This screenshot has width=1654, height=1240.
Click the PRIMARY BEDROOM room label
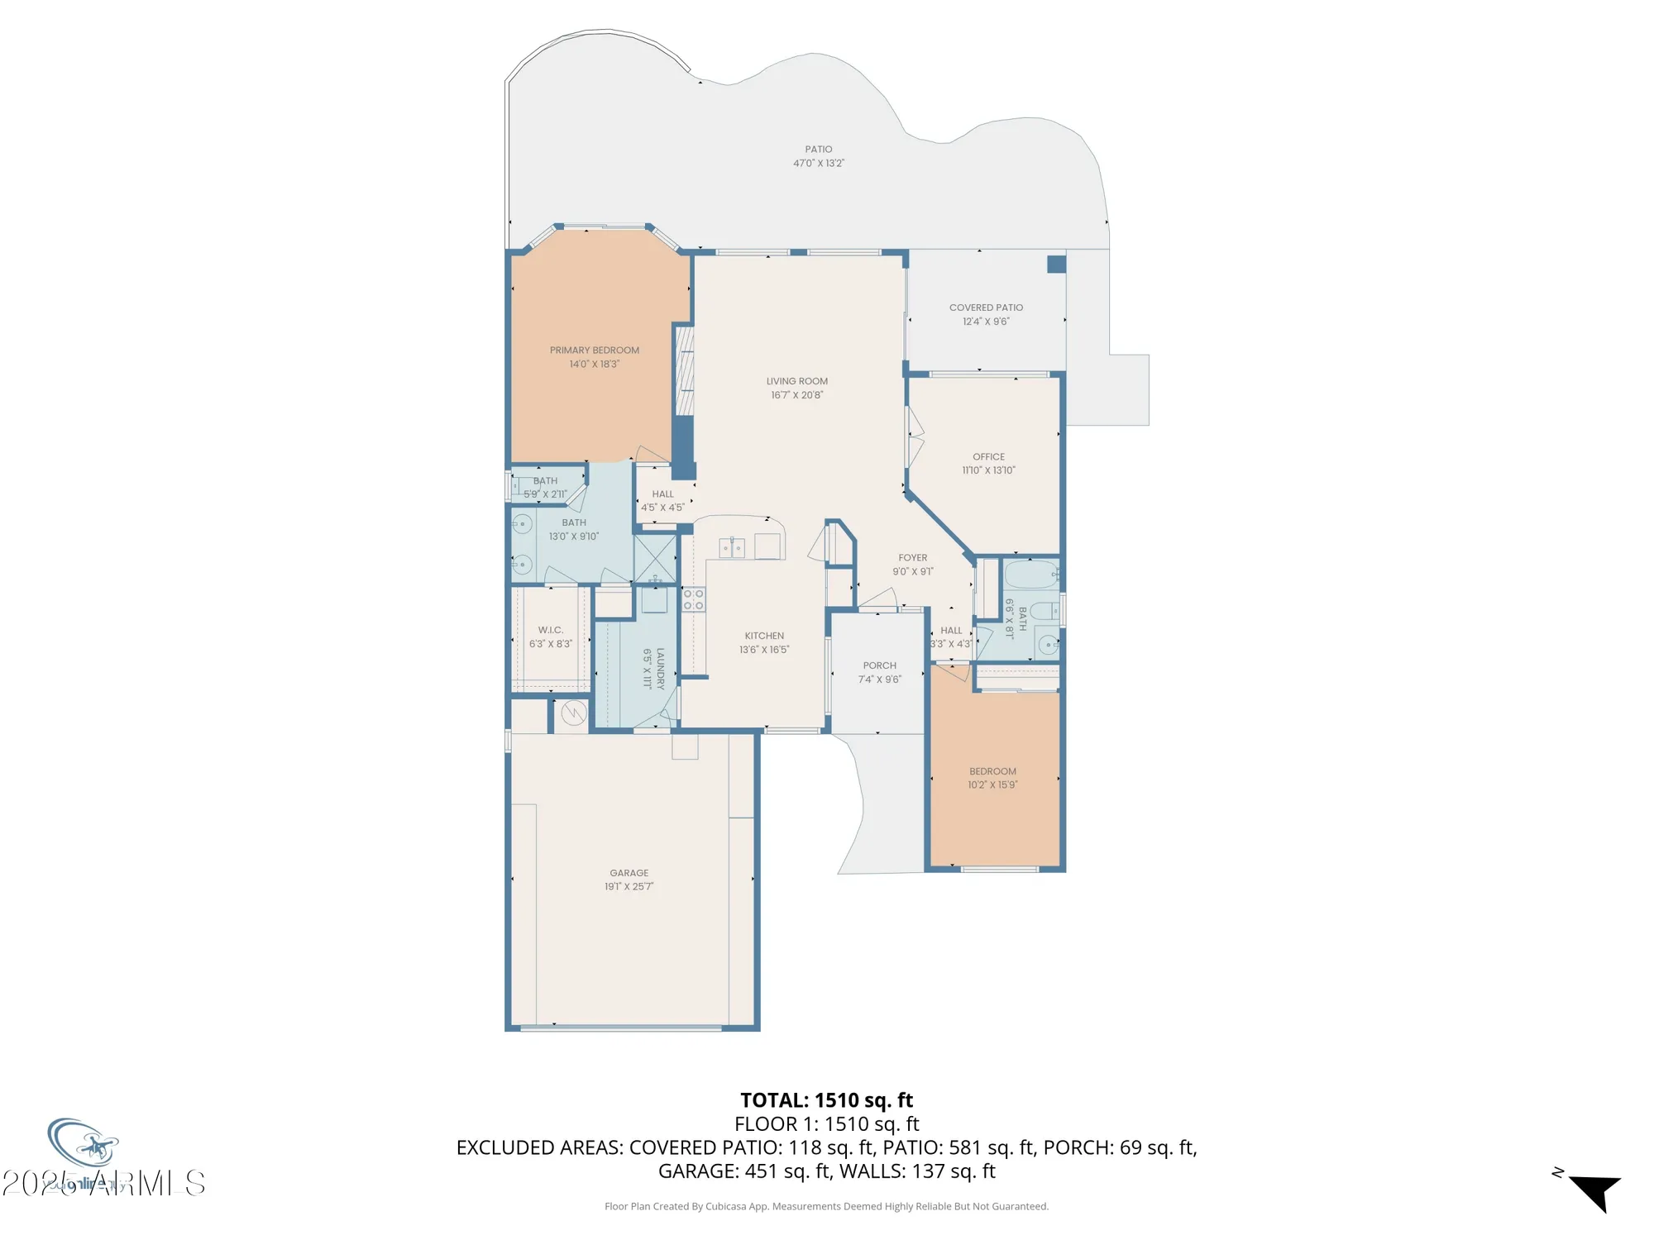[594, 351]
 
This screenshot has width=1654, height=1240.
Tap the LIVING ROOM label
[796, 381]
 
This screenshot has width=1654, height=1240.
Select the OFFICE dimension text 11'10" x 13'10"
[988, 470]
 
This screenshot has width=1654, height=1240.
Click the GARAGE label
[629, 873]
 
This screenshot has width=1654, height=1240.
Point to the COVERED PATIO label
[986, 308]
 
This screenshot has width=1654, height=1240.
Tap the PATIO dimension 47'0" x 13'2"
[818, 164]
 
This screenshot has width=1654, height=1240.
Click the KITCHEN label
[763, 636]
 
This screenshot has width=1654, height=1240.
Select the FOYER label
[912, 558]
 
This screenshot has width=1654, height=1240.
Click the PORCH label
[879, 665]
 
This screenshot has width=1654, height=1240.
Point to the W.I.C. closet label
[550, 630]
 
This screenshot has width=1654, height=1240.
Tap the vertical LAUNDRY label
[660, 668]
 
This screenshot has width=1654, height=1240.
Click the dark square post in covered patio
[1056, 265]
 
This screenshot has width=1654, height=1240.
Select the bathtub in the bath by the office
[1030, 573]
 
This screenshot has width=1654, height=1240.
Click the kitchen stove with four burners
[693, 599]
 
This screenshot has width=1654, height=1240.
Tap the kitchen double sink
[731, 547]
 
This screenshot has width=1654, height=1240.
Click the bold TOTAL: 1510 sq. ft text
[826, 1100]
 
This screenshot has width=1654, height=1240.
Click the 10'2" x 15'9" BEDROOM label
[992, 771]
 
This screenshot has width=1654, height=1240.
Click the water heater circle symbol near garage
[573, 712]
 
